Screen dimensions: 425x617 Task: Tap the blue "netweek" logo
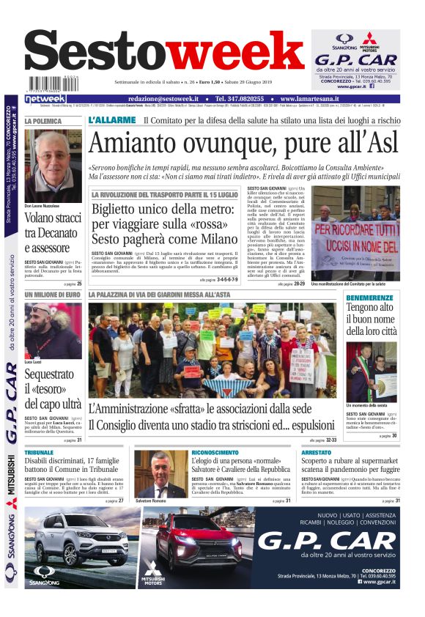pos(45,99)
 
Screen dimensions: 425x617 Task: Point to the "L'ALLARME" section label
pos(112,121)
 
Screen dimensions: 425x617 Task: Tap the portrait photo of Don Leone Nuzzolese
pos(53,166)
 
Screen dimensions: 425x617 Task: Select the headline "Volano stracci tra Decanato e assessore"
pos(53,235)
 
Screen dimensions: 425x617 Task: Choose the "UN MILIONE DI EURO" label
pos(52,295)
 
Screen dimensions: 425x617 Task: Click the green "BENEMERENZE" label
pos(371,298)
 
